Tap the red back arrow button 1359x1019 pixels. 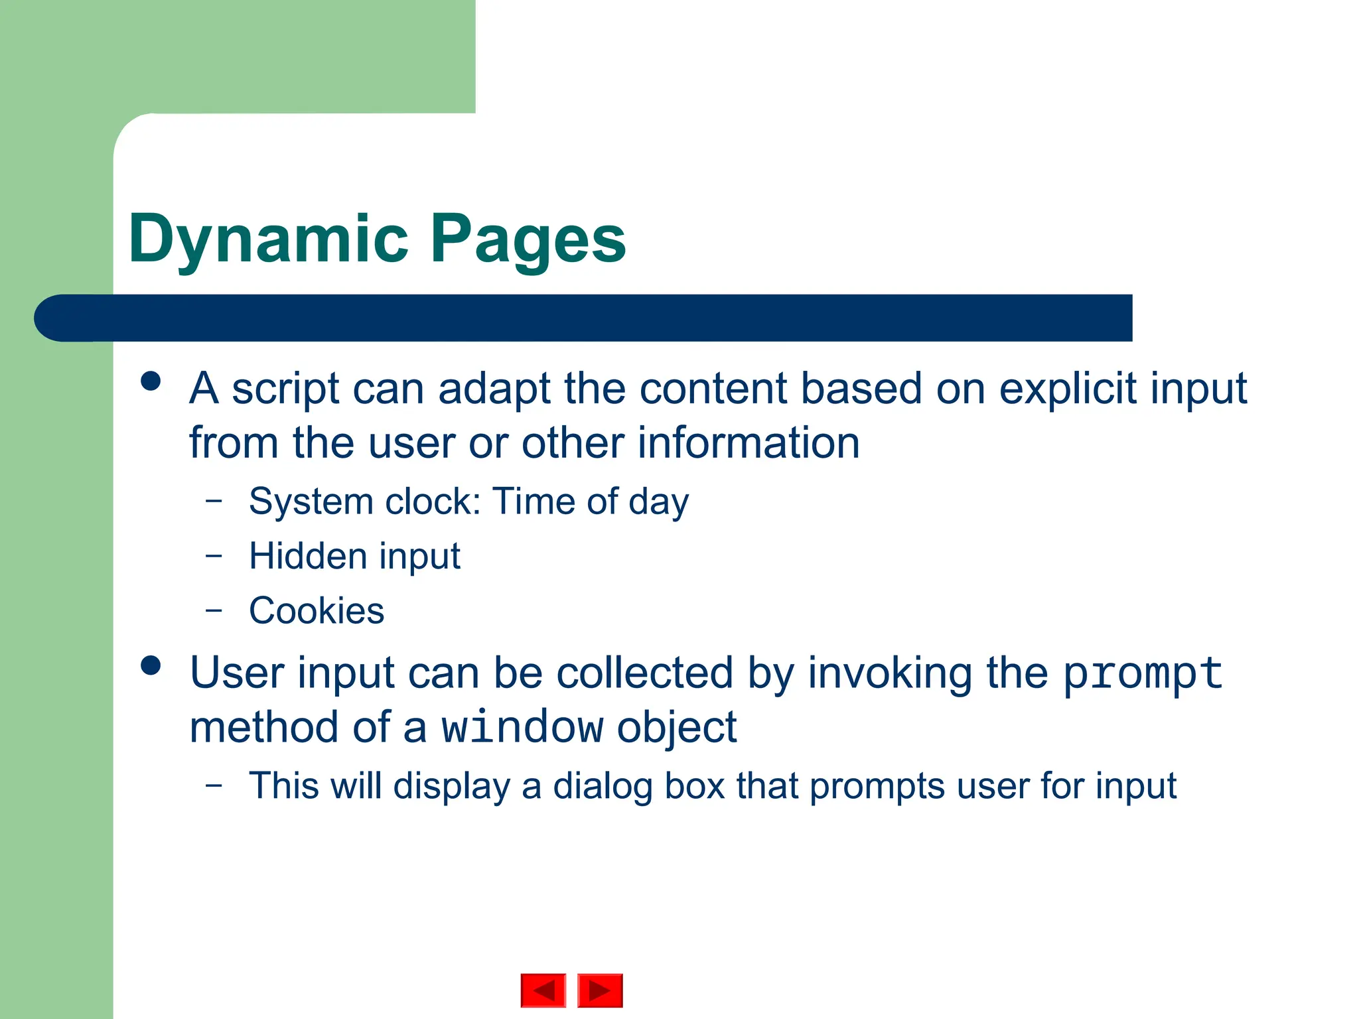[543, 990]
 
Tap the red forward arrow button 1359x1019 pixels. [600, 990]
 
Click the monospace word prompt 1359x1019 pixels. [1143, 674]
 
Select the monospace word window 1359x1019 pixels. [522, 728]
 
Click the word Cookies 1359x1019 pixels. [317, 611]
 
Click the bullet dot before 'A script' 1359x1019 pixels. [151, 381]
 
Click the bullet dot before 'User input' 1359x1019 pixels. [151, 665]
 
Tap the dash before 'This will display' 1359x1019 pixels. [214, 785]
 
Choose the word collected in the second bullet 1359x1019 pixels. [644, 673]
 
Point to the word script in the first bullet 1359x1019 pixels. [285, 390]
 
